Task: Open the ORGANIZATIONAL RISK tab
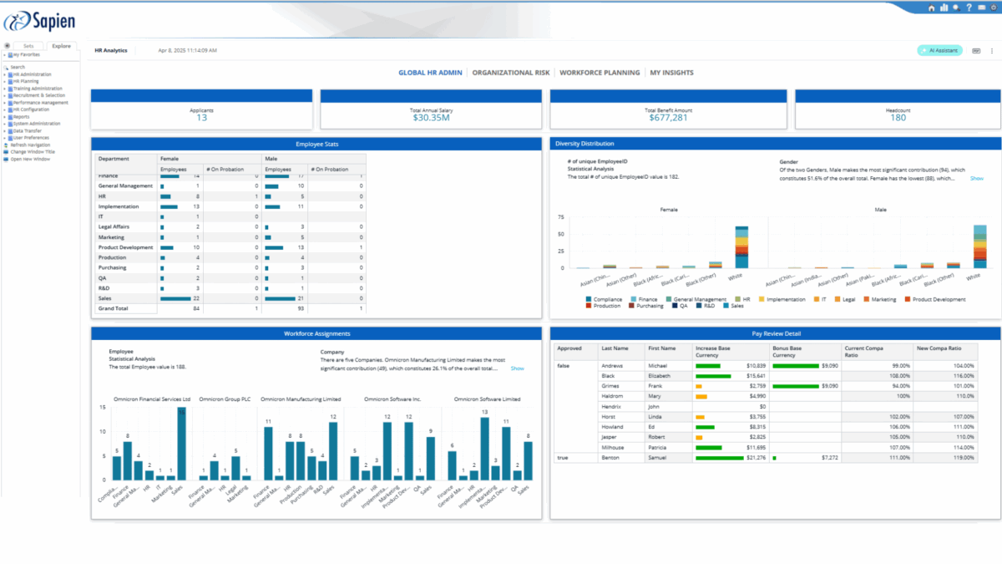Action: click(x=510, y=73)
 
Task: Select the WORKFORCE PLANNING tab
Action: click(x=600, y=73)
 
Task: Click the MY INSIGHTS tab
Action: click(x=671, y=73)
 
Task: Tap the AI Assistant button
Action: click(x=939, y=50)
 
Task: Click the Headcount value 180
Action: click(x=898, y=118)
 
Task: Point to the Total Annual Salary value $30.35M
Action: click(x=431, y=118)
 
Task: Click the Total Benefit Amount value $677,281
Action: click(x=668, y=118)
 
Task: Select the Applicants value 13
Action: click(x=201, y=118)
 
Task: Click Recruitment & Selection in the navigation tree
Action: click(x=41, y=95)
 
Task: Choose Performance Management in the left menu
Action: click(x=41, y=103)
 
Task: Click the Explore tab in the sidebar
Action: click(x=61, y=47)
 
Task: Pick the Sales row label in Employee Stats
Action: click(x=106, y=298)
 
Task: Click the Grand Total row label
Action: click(x=113, y=308)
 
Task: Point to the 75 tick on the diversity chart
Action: click(x=562, y=216)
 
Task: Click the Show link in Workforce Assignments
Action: click(x=517, y=368)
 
